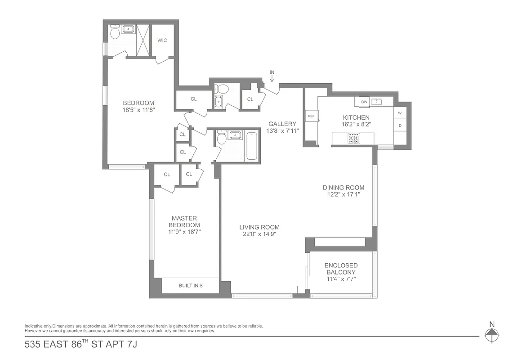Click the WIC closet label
pyautogui.click(x=162, y=40)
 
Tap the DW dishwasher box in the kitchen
pyautogui.click(x=364, y=102)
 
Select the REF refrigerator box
pyautogui.click(x=311, y=116)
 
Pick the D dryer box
pyautogui.click(x=400, y=126)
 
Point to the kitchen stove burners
pyautogui.click(x=353, y=139)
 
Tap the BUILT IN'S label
pyautogui.click(x=190, y=286)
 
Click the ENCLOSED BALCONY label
pyautogui.click(x=341, y=269)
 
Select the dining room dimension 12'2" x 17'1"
pyautogui.click(x=343, y=194)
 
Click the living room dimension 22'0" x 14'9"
pyautogui.click(x=259, y=234)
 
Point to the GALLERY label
pyautogui.click(x=282, y=124)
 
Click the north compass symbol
pyautogui.click(x=492, y=333)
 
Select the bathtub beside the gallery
pyautogui.click(x=252, y=145)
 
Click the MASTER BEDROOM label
pyautogui.click(x=184, y=221)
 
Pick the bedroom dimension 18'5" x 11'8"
pyautogui.click(x=138, y=110)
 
